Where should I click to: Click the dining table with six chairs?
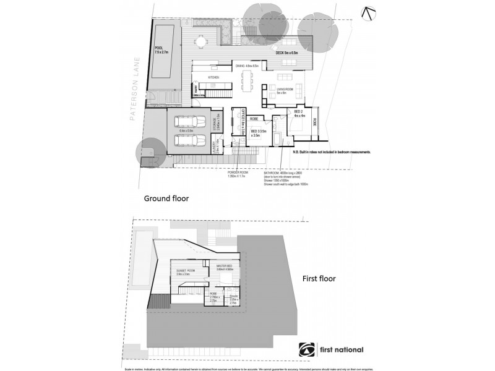click(249, 79)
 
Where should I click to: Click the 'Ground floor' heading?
click(166, 198)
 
